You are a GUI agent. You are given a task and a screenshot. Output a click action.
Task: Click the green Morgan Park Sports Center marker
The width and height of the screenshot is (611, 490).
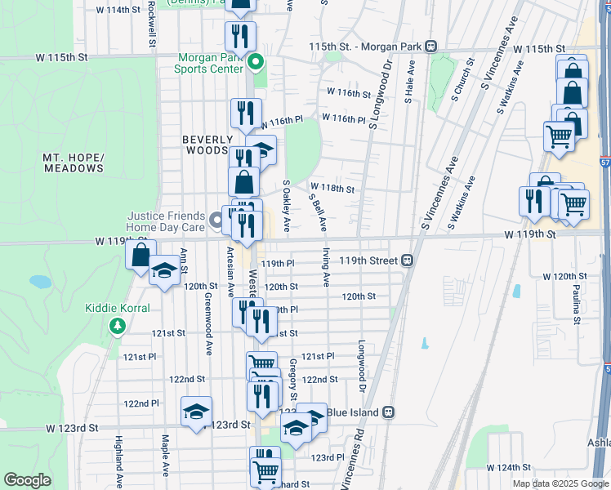click(256, 62)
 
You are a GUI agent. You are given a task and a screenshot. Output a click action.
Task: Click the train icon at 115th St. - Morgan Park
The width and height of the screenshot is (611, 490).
click(430, 47)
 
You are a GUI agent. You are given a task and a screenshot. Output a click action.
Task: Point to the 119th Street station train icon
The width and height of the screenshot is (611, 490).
click(406, 261)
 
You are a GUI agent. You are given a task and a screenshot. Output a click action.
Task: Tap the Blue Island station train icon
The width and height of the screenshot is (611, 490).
click(389, 412)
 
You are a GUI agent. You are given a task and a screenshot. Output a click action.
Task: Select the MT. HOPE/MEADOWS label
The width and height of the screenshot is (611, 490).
click(74, 163)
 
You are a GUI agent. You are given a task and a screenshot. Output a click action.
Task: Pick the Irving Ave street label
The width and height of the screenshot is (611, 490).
click(326, 267)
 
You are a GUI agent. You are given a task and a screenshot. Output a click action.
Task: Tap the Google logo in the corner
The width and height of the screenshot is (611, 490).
click(28, 480)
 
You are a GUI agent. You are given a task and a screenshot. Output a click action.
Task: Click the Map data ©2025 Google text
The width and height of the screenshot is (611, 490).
click(560, 483)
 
